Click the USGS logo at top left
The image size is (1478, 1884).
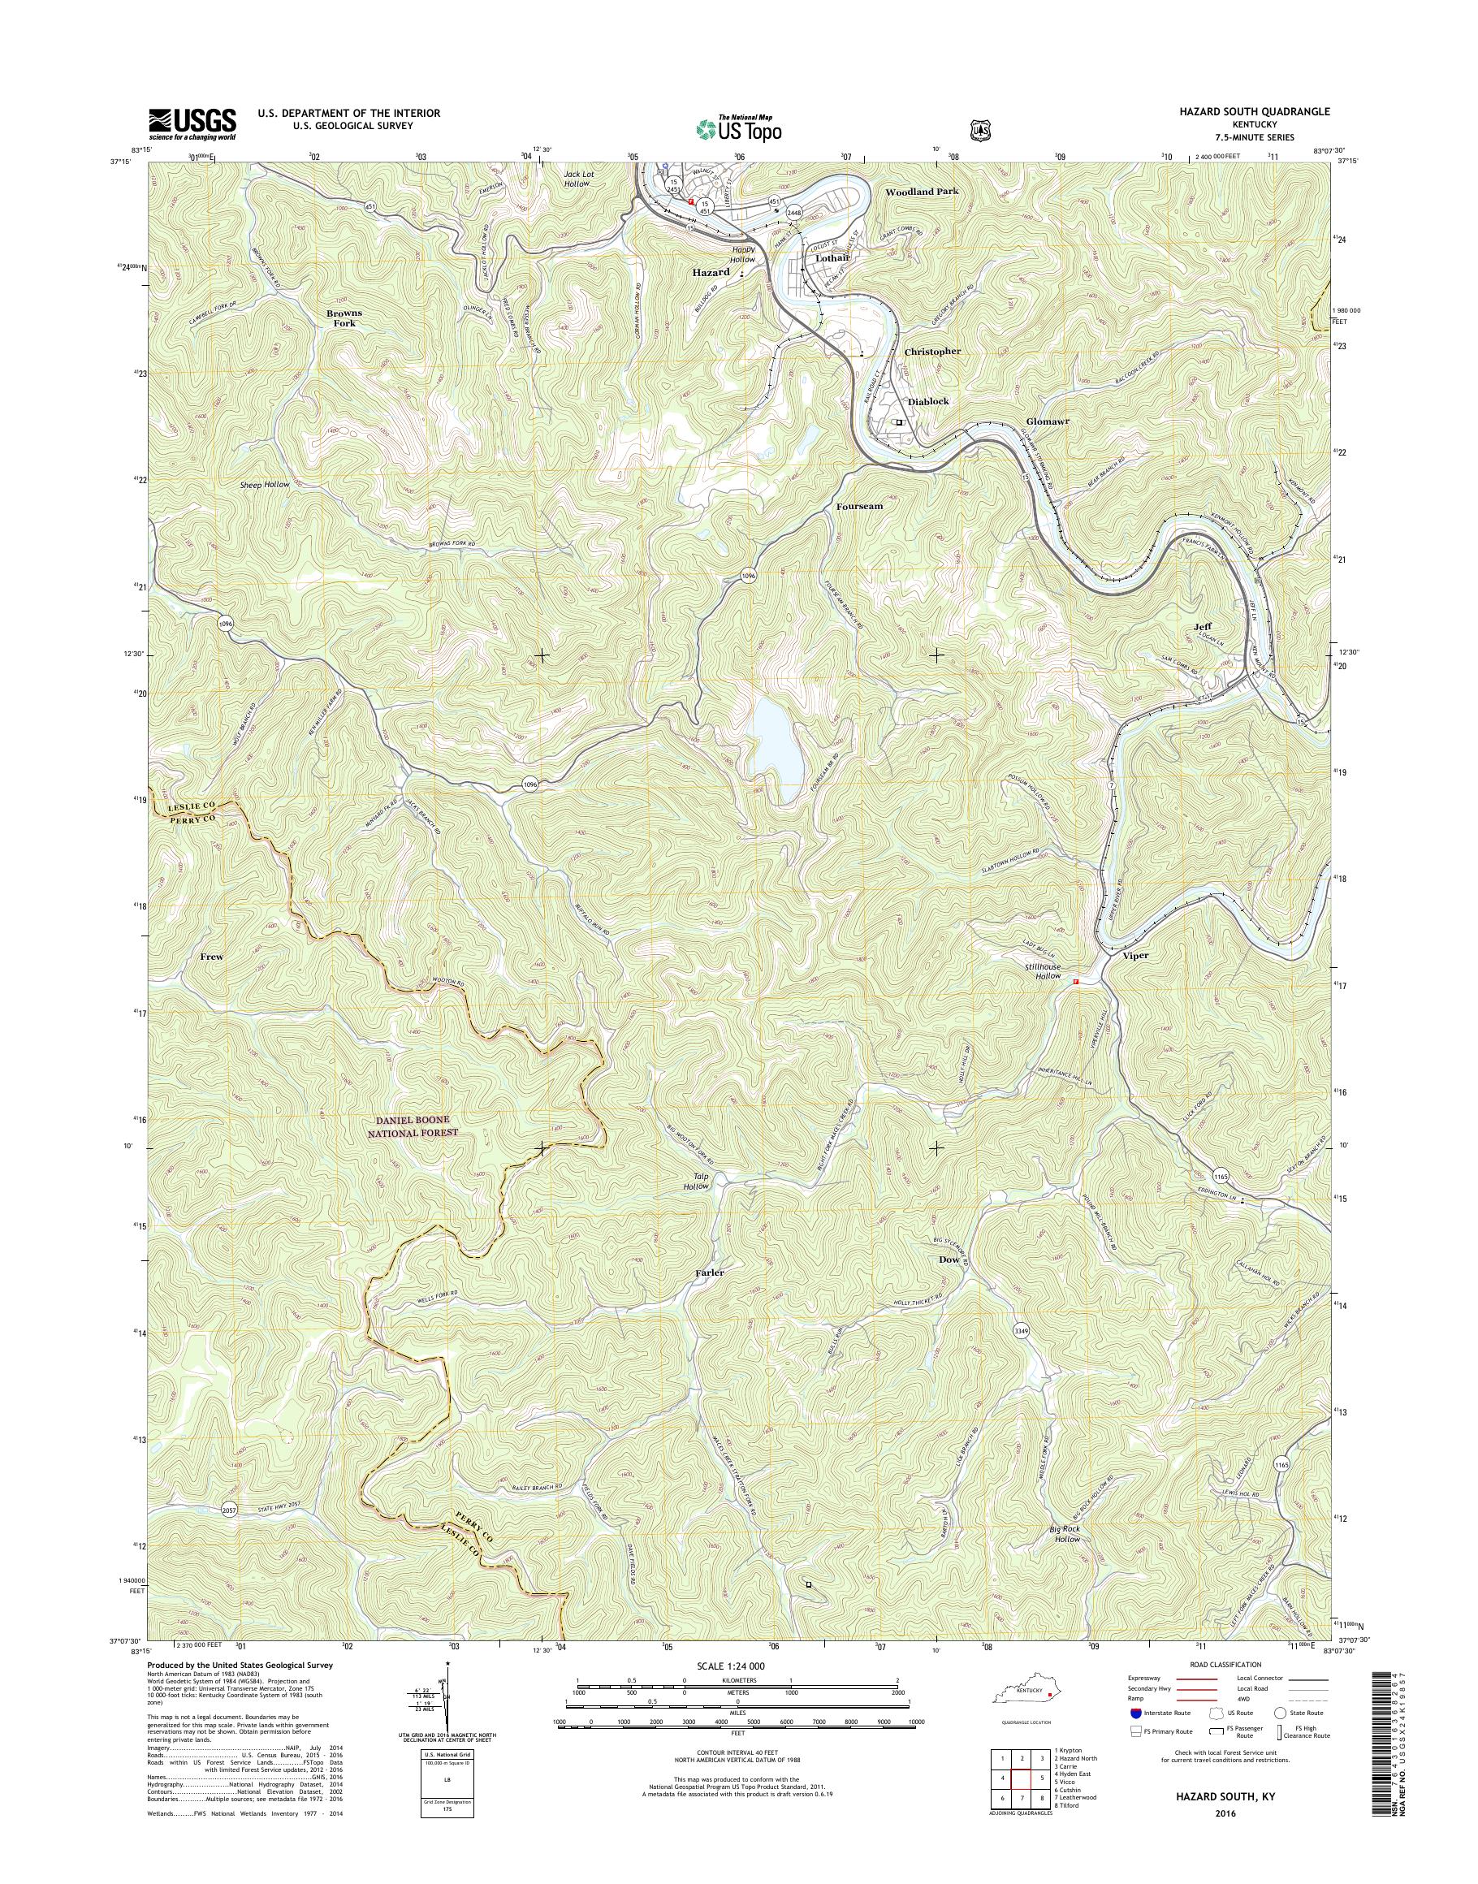coord(192,123)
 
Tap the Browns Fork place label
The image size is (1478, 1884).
coord(344,318)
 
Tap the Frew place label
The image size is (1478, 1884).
coord(211,957)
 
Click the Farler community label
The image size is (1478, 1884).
coord(709,1273)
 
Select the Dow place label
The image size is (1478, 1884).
coord(949,1260)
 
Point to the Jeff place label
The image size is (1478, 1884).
coord(1202,625)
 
